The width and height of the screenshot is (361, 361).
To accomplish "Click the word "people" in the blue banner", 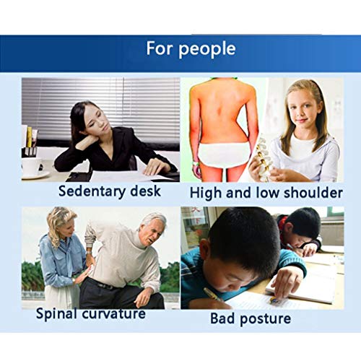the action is click(x=207, y=49).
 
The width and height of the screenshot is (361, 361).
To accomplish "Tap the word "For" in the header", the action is click(x=160, y=48).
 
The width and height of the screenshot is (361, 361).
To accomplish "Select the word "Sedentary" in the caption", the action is click(x=92, y=192).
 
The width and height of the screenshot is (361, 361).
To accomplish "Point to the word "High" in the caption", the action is click(x=206, y=193).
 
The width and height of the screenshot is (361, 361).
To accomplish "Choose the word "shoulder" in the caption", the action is click(x=313, y=193).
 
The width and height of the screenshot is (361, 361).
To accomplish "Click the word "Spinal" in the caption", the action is click(x=57, y=314).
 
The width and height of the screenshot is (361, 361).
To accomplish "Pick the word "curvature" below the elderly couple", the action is click(x=114, y=314).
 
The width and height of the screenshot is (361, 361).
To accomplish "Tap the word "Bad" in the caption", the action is click(x=223, y=318).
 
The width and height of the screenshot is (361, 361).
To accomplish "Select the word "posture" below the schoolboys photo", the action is click(x=266, y=319).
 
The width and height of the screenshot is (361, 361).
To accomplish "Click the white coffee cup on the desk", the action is click(x=32, y=166).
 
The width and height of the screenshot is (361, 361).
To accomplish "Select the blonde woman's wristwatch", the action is click(x=74, y=280).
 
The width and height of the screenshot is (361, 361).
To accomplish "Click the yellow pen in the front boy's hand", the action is click(x=214, y=295).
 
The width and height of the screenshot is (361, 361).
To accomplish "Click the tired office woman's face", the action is click(x=96, y=121).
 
